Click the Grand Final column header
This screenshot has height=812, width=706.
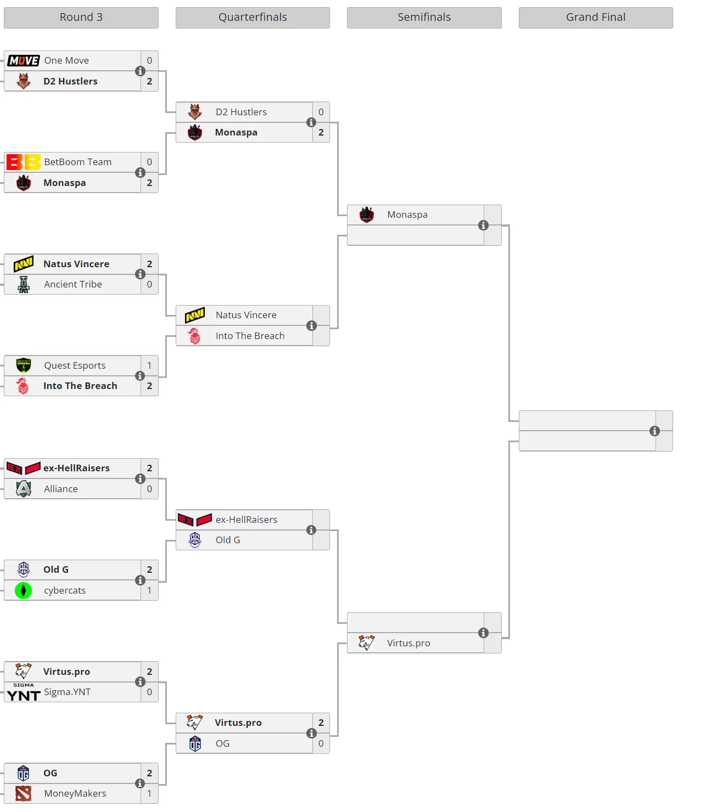(x=595, y=18)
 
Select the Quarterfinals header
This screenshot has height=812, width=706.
(x=253, y=18)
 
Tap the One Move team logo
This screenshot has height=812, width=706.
(x=24, y=61)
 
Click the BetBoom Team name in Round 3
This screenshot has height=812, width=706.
(x=78, y=162)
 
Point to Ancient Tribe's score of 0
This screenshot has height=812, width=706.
(x=149, y=284)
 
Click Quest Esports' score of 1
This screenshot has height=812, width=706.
(x=149, y=365)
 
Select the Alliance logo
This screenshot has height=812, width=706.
(x=24, y=489)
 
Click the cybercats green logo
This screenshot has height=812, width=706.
(x=24, y=590)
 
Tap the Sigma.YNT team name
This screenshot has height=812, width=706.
(x=68, y=692)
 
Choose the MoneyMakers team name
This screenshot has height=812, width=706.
(x=75, y=794)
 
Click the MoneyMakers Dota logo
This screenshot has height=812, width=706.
(x=24, y=794)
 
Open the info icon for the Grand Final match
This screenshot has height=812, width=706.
(x=655, y=431)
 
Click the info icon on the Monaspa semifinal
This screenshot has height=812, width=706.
(x=483, y=225)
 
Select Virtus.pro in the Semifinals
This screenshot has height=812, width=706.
(x=408, y=644)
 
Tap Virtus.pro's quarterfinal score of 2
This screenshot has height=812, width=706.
(x=321, y=723)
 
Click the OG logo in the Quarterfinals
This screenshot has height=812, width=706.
(x=195, y=744)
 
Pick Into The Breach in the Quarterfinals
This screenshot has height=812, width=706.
(x=250, y=336)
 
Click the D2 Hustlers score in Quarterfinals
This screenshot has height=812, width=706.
(x=321, y=112)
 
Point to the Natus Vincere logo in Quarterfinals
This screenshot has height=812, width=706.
(x=195, y=315)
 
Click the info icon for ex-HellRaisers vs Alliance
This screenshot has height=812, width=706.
(x=140, y=478)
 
